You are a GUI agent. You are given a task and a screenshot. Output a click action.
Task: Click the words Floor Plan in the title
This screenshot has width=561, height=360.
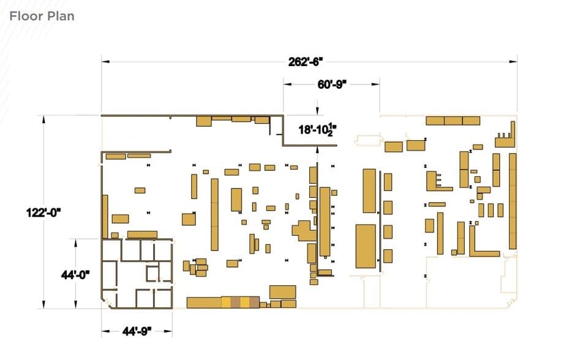(42, 16)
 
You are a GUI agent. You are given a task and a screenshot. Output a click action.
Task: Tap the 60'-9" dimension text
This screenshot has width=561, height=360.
(332, 84)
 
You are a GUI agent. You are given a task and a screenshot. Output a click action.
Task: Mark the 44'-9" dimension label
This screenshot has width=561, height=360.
(137, 331)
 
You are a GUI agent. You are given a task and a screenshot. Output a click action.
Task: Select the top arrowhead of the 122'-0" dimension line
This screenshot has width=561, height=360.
(43, 119)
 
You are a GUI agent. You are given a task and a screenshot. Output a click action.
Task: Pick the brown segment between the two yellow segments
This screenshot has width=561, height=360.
(236, 302)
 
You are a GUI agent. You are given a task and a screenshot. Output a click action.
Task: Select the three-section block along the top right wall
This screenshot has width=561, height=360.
(453, 121)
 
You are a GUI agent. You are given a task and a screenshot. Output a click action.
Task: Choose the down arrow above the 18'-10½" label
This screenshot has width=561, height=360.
(317, 111)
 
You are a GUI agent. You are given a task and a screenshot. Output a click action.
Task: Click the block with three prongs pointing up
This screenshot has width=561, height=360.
(504, 140)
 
